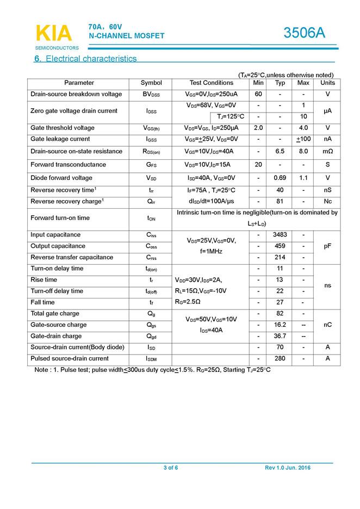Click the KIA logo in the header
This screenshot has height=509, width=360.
[x=53, y=34]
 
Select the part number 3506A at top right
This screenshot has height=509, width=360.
[x=304, y=33]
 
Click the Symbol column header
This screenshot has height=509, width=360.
[x=151, y=83]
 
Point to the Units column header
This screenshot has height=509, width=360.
[x=327, y=83]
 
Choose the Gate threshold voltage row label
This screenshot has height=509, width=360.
[x=63, y=128]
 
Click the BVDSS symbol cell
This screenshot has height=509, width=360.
[x=151, y=94]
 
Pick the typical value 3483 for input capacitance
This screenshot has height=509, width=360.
[x=280, y=235]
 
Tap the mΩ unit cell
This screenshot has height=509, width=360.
[x=327, y=151]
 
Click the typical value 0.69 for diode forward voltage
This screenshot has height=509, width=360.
[x=280, y=178]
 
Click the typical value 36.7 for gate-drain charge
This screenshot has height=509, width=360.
[x=280, y=336]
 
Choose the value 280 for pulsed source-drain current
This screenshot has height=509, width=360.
[x=280, y=358]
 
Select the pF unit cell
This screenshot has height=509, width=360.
[x=327, y=246]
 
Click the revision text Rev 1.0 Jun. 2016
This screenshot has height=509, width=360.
[x=288, y=468]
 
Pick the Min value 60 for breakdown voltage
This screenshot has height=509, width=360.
[x=259, y=94]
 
